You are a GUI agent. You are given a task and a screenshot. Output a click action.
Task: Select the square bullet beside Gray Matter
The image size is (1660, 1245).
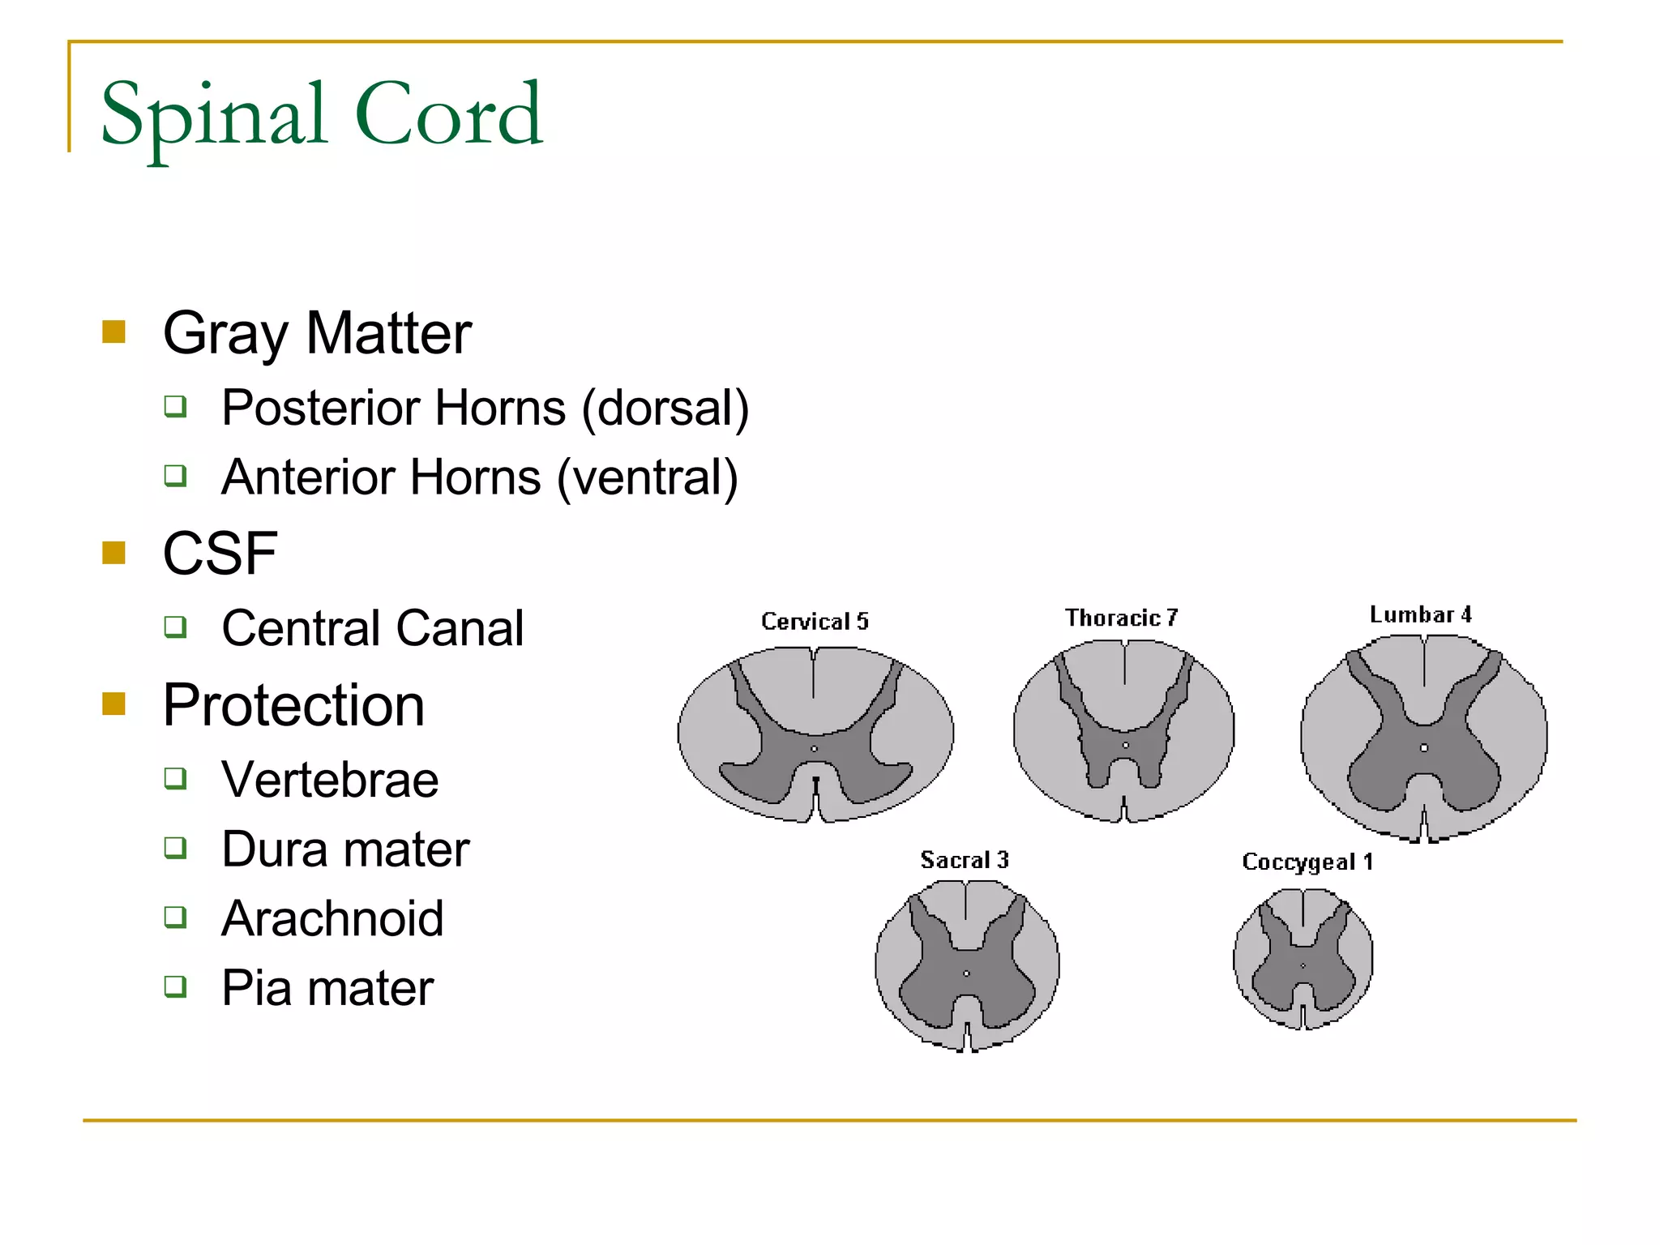114,332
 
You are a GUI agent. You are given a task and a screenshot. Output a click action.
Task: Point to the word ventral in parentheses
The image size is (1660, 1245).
647,477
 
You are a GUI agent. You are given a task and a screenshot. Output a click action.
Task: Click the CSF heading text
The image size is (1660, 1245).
220,554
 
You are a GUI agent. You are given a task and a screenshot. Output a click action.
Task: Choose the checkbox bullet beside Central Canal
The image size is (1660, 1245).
175,627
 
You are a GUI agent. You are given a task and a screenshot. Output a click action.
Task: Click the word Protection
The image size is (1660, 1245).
293,705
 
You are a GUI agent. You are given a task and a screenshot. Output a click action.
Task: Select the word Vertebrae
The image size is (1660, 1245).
330,780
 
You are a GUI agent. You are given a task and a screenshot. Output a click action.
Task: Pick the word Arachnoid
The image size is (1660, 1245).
332,919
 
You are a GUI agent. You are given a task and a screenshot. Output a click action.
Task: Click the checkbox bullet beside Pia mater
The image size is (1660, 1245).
175,986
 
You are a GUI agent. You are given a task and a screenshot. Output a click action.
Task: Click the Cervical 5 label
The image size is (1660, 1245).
815,622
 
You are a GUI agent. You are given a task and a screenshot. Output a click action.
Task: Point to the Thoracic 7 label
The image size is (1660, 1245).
1121,618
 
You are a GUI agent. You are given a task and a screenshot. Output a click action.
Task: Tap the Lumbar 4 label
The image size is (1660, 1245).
1420,614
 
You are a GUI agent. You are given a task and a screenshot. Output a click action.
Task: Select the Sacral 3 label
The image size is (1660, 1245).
964,860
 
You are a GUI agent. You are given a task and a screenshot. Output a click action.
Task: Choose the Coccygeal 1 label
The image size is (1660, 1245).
1307,862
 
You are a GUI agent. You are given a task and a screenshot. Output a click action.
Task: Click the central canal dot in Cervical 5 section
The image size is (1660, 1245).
815,749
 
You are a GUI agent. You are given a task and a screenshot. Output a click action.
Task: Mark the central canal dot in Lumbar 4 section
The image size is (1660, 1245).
1424,747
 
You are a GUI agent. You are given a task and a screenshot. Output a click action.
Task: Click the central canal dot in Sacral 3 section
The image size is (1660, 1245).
966,973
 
